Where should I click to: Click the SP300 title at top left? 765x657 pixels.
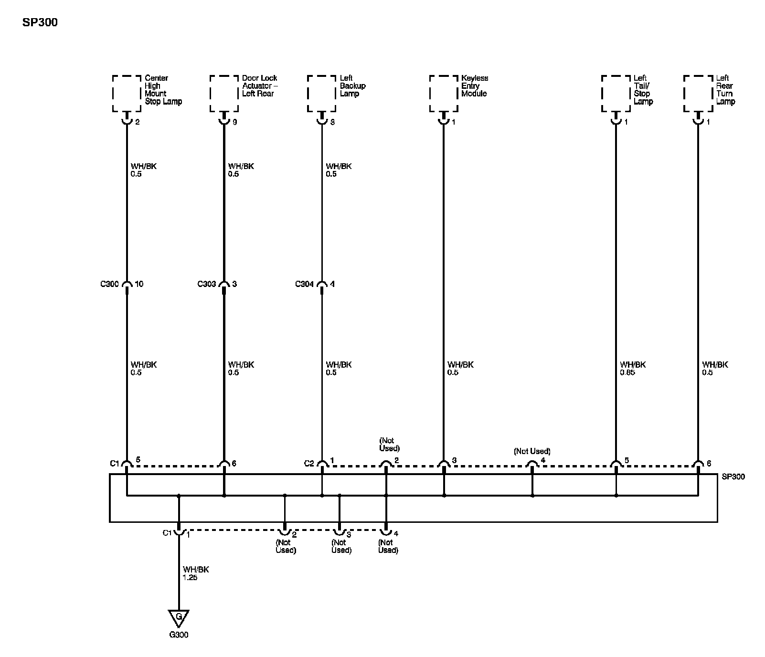[40, 22]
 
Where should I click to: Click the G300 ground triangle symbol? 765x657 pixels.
[179, 618]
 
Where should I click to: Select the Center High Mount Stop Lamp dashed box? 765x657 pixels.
[127, 93]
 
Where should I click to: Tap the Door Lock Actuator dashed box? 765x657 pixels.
[224, 93]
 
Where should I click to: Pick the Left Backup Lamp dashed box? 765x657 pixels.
[321, 93]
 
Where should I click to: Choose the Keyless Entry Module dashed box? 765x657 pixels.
[444, 93]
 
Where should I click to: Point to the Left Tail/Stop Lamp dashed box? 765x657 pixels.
[616, 93]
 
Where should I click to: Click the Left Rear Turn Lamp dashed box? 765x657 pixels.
[698, 93]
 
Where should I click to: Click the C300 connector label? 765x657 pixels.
[109, 284]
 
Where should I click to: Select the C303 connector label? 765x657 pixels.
[207, 284]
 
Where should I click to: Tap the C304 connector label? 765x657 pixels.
[304, 284]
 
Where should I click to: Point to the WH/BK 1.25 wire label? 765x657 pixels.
[196, 573]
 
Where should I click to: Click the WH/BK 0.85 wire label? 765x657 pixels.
[633, 369]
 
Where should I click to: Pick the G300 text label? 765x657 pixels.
[179, 635]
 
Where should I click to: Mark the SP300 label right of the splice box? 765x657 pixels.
[733, 477]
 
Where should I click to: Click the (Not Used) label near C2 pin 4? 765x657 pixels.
[532, 451]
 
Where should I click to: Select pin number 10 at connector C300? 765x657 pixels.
[139, 284]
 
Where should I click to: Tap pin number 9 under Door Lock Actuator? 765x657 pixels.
[234, 122]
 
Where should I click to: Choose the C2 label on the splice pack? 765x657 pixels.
[309, 463]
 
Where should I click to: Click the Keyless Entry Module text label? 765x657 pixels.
[475, 86]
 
